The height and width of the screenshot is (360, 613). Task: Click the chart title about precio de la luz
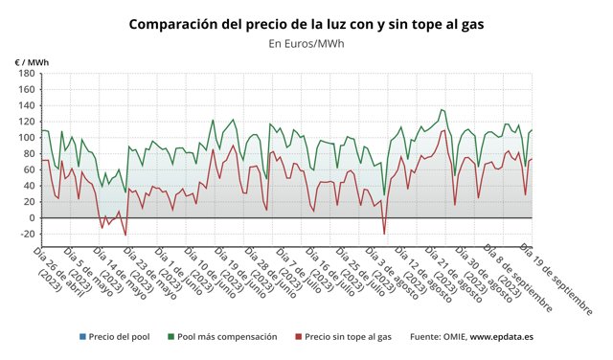[306, 23]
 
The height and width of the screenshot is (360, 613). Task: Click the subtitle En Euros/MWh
[306, 44]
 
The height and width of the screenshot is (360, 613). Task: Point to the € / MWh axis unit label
[32, 62]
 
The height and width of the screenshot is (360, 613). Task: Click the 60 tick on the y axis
[28, 169]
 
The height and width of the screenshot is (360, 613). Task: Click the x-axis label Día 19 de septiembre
[556, 278]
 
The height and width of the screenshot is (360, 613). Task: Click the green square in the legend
[170, 337]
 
